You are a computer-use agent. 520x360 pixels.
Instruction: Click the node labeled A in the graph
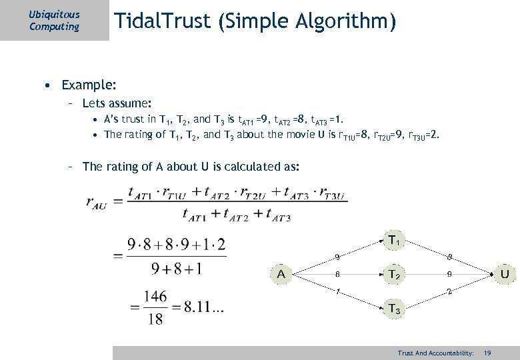pyautogui.click(x=282, y=273)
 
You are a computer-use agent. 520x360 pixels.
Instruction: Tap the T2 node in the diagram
pyautogui.click(x=394, y=274)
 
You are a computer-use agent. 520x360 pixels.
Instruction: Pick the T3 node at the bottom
pyautogui.click(x=394, y=309)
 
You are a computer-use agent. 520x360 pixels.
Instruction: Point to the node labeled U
pyautogui.click(x=505, y=273)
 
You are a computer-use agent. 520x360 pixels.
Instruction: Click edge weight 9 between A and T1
pyautogui.click(x=337, y=257)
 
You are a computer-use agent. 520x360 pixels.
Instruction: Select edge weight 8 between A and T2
pyautogui.click(x=337, y=274)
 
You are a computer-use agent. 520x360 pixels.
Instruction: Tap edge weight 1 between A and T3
pyautogui.click(x=337, y=291)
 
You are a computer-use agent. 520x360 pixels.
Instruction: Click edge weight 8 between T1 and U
pyautogui.click(x=450, y=257)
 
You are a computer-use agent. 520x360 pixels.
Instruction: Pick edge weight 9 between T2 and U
pyautogui.click(x=450, y=274)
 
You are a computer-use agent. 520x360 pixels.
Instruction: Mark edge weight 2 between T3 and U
pyautogui.click(x=450, y=291)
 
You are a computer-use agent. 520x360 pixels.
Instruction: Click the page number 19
pyautogui.click(x=487, y=352)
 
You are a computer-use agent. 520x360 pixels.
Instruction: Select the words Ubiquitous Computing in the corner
pyautogui.click(x=54, y=21)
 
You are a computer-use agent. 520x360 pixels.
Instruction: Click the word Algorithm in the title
pyautogui.click(x=349, y=23)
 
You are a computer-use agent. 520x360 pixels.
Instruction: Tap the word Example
pyautogui.click(x=89, y=85)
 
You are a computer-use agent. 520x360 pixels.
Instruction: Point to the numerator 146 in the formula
pyautogui.click(x=154, y=295)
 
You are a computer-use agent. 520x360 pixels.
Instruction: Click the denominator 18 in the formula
pyautogui.click(x=154, y=319)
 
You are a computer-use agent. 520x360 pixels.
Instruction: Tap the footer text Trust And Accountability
pyautogui.click(x=435, y=352)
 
